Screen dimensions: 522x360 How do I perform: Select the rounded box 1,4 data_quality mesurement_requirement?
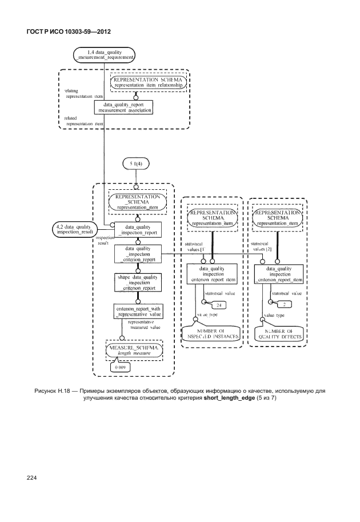point(104,54)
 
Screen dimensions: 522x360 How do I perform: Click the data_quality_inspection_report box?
point(138,229)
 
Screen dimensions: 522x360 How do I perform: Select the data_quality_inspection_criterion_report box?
point(138,253)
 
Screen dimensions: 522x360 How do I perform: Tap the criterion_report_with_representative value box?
point(138,312)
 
